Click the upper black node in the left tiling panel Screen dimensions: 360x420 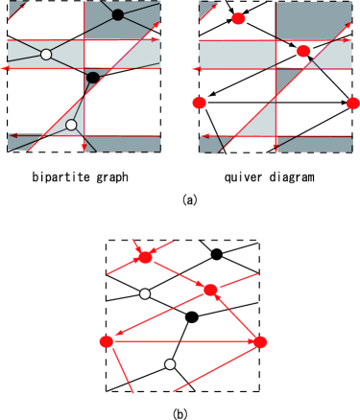coord(118,14)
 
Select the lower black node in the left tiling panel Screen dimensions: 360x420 coord(93,78)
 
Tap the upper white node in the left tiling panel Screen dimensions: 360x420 coord(46,55)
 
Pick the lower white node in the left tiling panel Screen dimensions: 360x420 coord(71,125)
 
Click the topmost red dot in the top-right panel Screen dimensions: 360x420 coord(238,19)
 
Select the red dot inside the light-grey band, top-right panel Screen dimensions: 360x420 coord(303,51)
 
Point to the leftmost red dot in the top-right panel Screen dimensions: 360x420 coord(200,103)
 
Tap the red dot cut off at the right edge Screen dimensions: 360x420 coord(353,103)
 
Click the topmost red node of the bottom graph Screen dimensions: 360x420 coord(145,257)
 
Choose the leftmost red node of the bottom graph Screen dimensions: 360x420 coord(106,341)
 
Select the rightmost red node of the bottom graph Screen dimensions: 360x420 coord(259,341)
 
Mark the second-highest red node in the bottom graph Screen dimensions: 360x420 coord(210,290)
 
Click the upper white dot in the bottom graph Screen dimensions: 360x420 coord(145,294)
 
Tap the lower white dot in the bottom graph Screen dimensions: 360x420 coord(170,364)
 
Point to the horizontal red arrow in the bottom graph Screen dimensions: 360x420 coord(182,341)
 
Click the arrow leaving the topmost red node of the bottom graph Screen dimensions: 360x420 coord(178,273)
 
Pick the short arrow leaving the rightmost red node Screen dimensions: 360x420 coord(236,317)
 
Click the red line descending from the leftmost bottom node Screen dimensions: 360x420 coord(121,369)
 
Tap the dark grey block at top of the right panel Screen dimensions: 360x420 coord(314,19)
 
